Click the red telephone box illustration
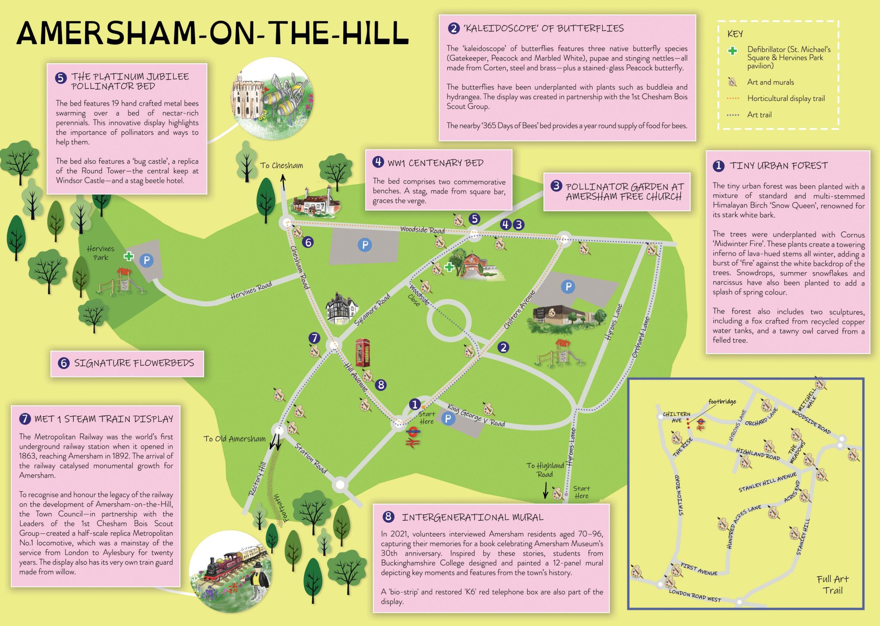(362, 353)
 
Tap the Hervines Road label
(251, 291)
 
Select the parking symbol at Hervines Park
(147, 260)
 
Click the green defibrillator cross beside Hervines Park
(128, 256)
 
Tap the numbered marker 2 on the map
(503, 347)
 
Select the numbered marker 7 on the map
(315, 338)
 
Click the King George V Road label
(476, 415)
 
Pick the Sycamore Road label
(372, 310)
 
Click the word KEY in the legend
(735, 34)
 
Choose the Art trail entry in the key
(759, 115)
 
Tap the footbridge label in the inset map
(722, 401)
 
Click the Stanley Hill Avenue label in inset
(767, 482)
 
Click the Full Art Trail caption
(832, 584)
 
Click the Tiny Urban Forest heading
(778, 166)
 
